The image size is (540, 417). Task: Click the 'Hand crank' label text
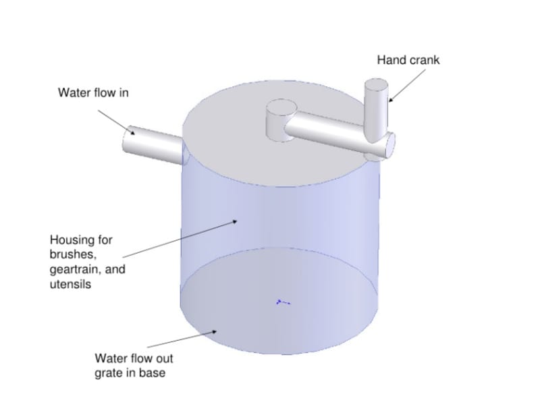[x=408, y=60]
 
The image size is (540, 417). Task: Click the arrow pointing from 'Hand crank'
[x=406, y=84]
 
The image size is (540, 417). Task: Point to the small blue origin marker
[x=283, y=302]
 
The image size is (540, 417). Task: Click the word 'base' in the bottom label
[x=151, y=372]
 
